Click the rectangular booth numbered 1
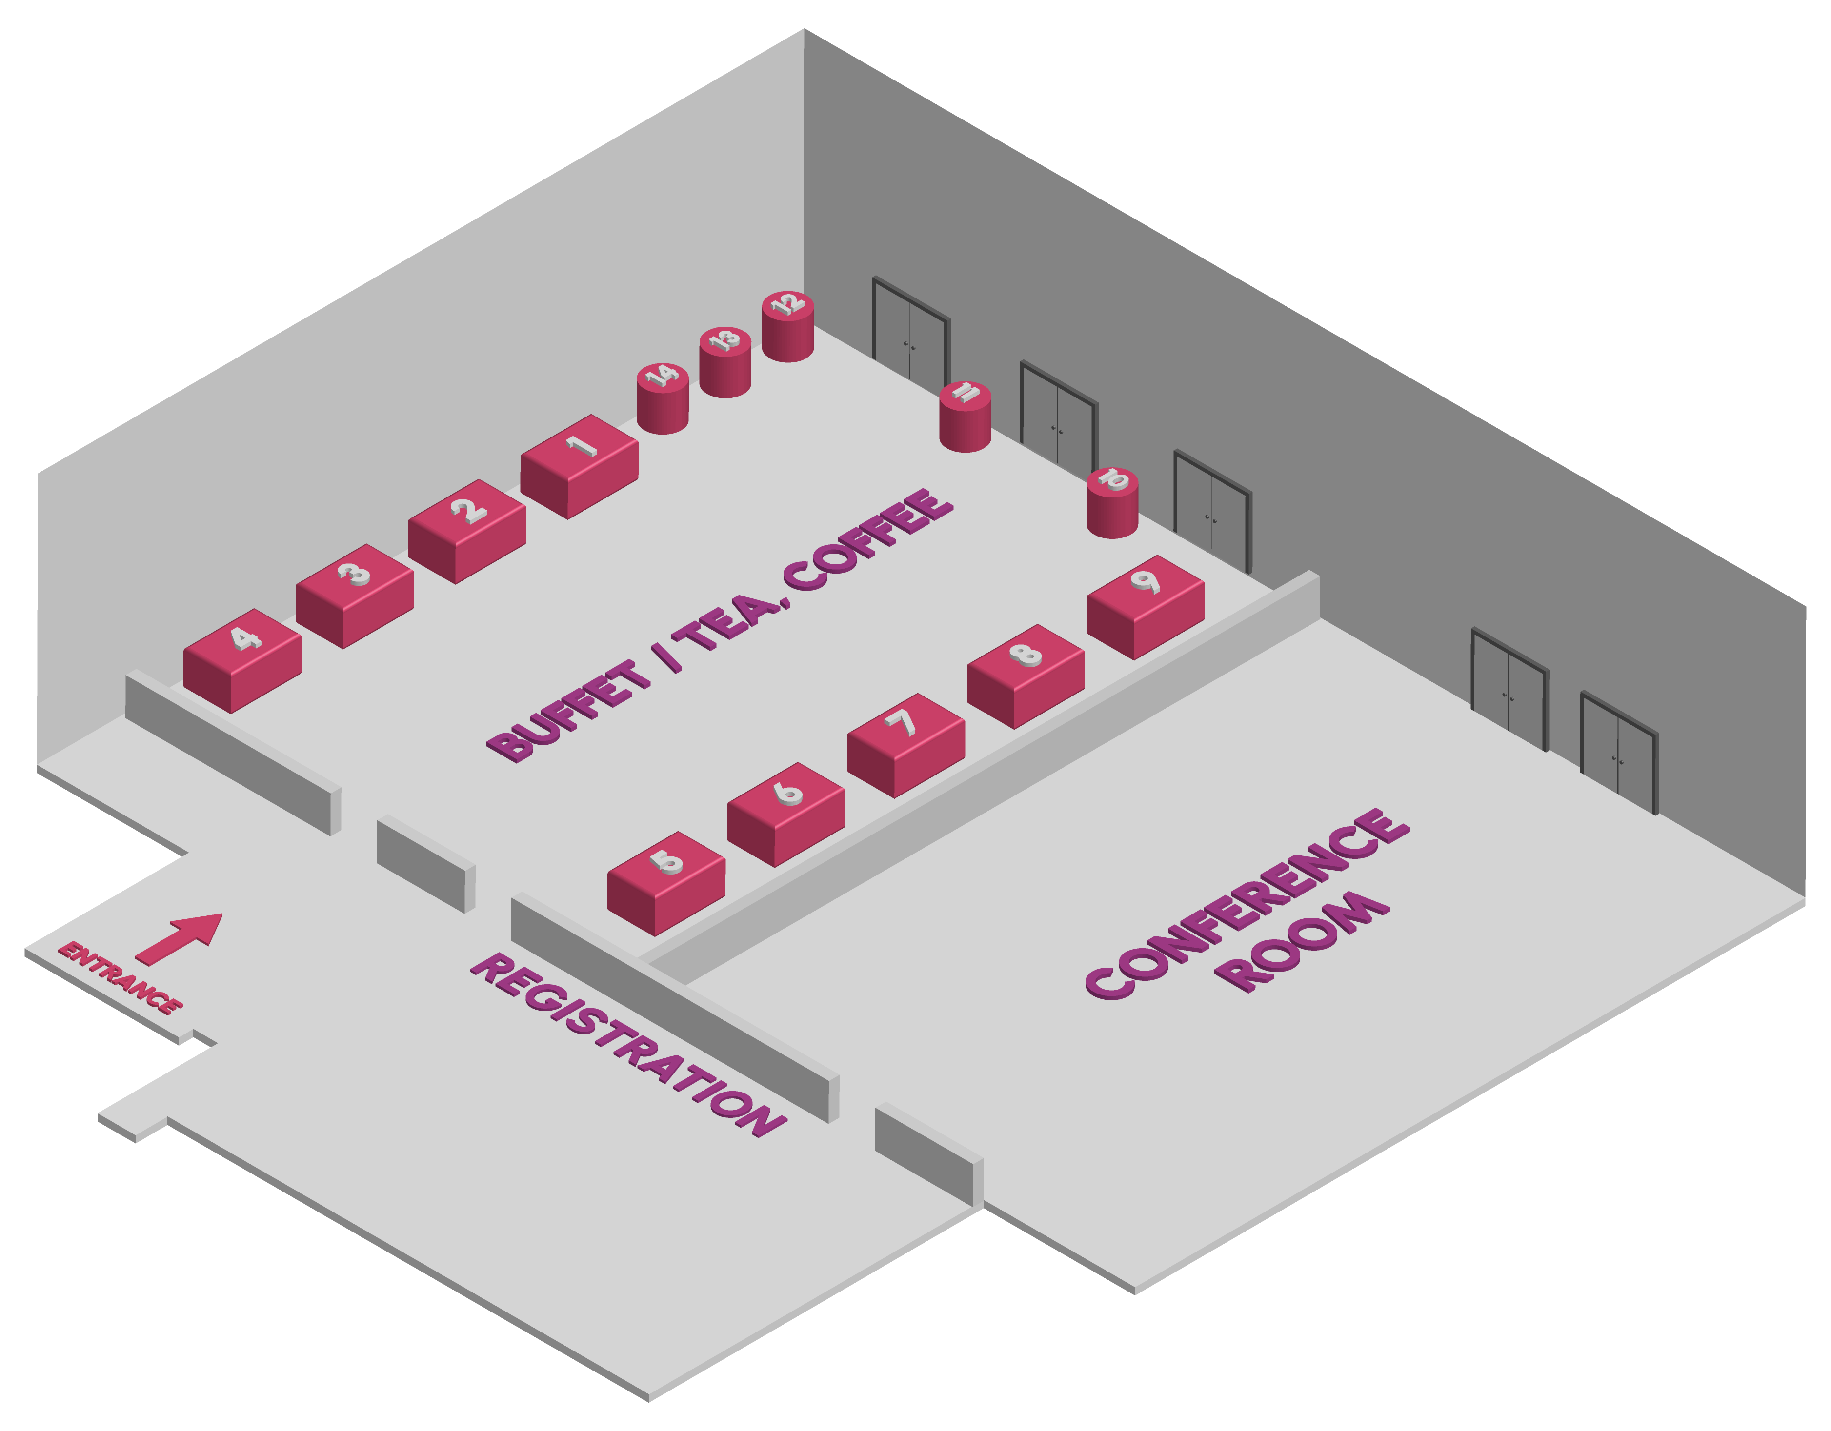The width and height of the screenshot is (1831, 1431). (579, 466)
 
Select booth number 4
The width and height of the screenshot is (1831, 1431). (242, 660)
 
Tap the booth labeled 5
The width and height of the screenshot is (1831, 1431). (665, 884)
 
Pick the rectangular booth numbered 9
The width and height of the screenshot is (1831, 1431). (1145, 607)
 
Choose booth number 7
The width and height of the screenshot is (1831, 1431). (905, 745)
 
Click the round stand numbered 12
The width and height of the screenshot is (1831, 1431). (787, 326)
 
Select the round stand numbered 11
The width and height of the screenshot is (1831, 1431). (965, 417)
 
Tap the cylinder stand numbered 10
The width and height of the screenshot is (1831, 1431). (1112, 502)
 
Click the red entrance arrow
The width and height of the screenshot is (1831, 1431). (179, 939)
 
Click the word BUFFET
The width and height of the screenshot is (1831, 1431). (569, 711)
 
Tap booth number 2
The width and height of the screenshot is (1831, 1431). (467, 532)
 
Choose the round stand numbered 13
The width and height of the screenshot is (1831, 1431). (725, 362)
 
